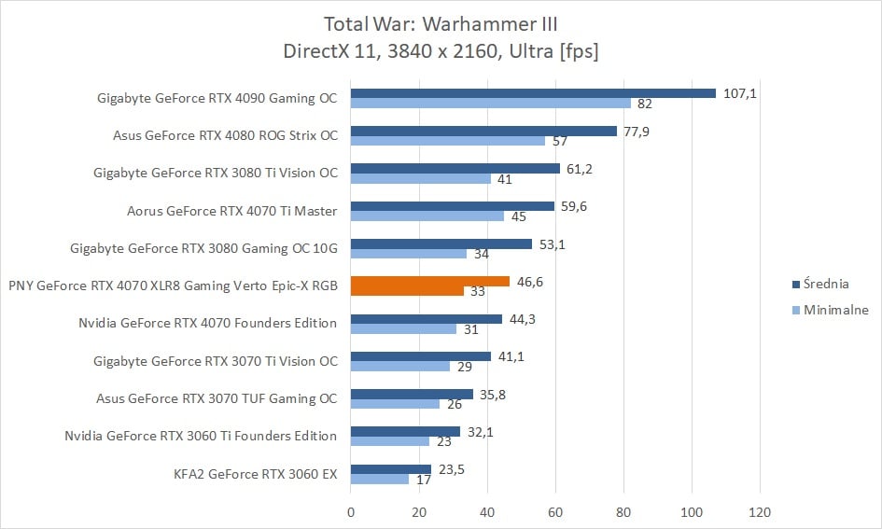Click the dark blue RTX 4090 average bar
533,93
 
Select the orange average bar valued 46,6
430,281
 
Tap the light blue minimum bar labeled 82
491,103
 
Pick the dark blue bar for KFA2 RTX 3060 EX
391,469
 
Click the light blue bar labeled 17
380,479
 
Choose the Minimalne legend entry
836,310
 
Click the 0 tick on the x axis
351,511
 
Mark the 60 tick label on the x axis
555,511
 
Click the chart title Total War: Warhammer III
441,23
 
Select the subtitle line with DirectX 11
441,51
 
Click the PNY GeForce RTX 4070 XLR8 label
173,285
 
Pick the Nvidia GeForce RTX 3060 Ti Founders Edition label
201,436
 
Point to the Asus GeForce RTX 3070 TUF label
217,398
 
